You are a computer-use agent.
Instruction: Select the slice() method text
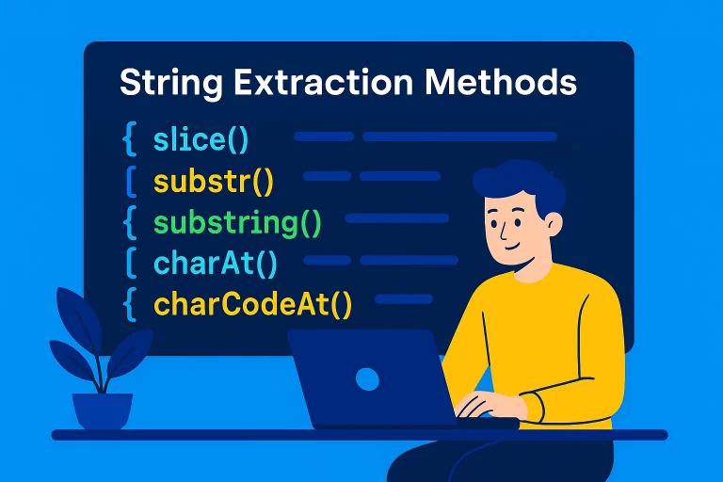point(201,139)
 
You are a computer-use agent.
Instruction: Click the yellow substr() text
point(213,181)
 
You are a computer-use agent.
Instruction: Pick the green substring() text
point(237,223)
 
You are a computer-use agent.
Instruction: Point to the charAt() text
point(216,264)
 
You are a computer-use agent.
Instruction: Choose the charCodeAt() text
point(252,305)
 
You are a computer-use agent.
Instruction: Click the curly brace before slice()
point(130,139)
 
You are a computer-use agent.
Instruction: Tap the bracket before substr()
point(131,181)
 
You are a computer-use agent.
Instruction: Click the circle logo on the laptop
point(366,379)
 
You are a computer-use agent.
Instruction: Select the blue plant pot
point(103,410)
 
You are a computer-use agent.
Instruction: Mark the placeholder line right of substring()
point(396,218)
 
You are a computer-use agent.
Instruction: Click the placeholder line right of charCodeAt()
point(405,299)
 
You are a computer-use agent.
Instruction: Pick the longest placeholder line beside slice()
point(459,137)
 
